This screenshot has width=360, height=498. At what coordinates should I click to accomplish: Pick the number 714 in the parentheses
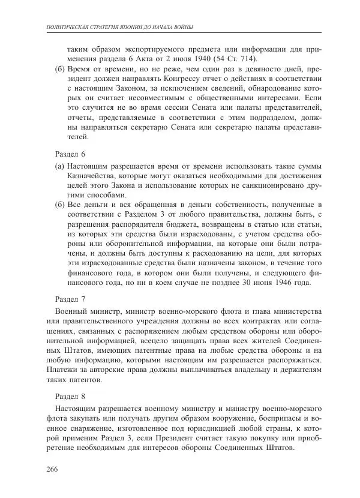click(244, 58)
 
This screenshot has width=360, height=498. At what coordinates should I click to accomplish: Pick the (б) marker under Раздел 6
click(59, 206)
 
